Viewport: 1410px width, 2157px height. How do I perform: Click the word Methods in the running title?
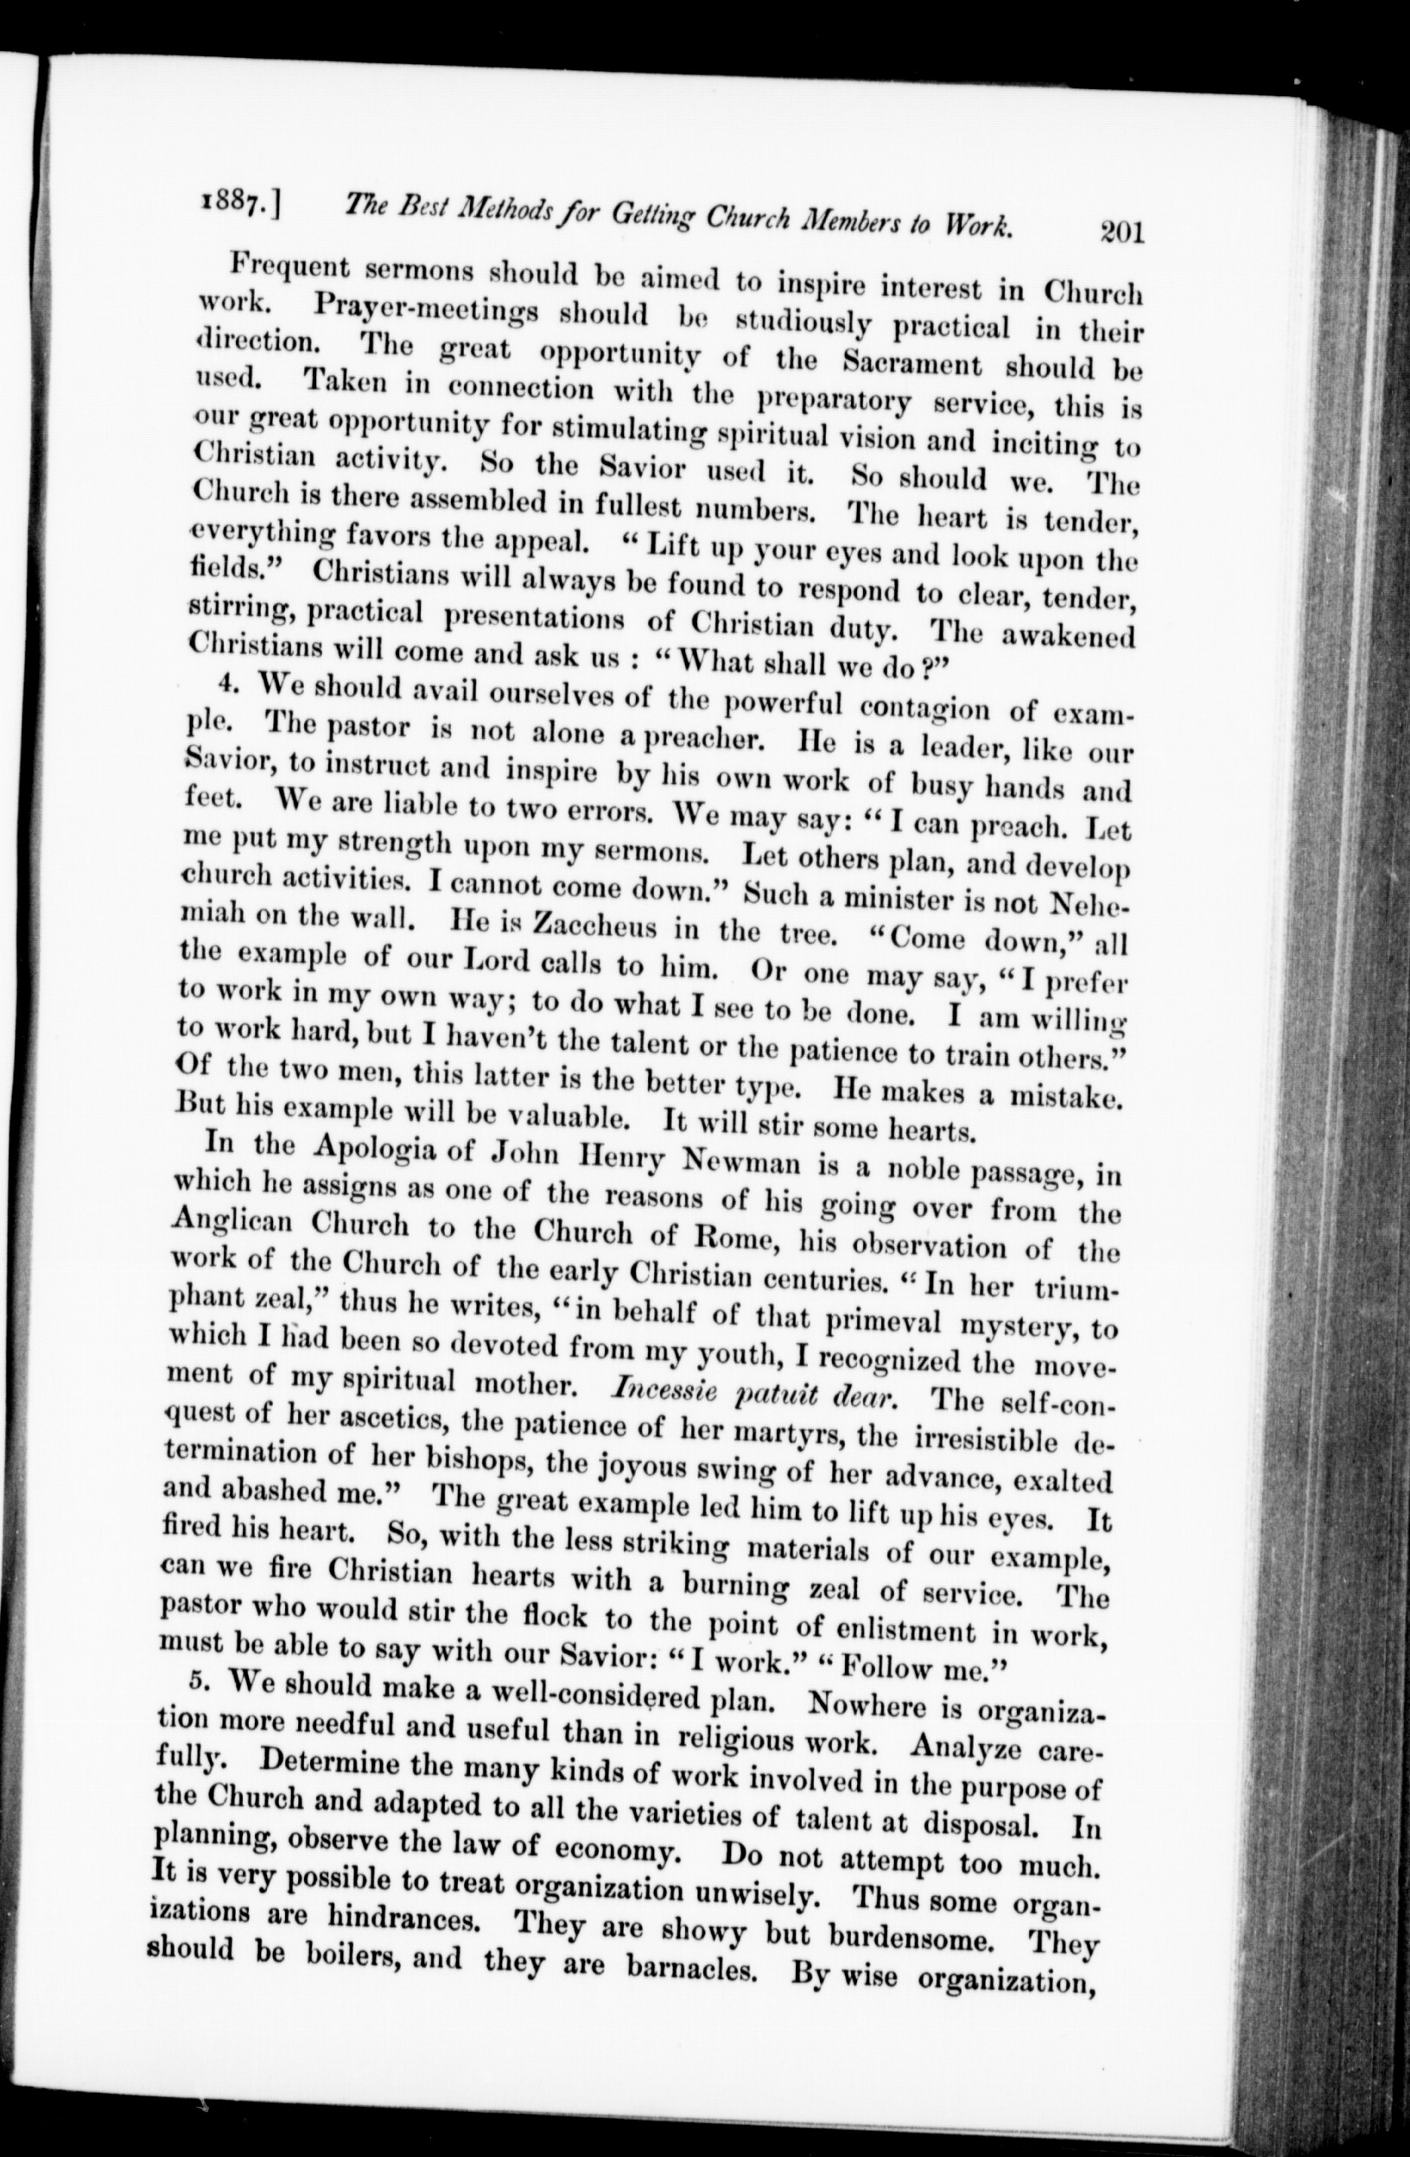tap(519, 215)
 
